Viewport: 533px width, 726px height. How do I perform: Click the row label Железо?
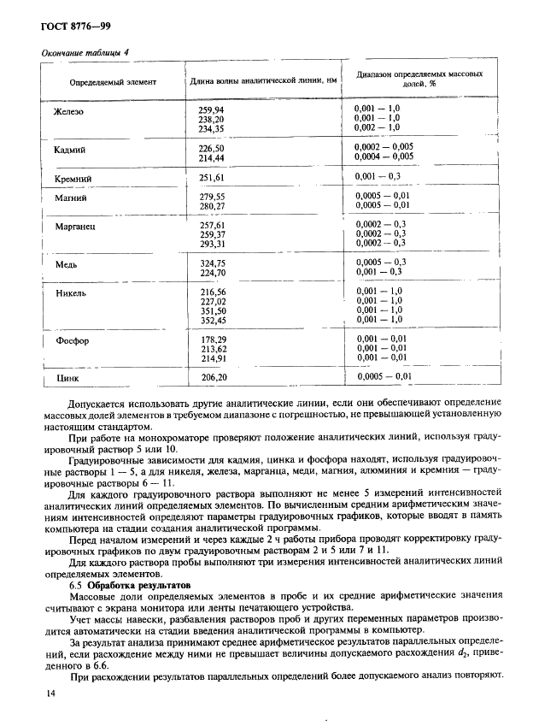coord(68,111)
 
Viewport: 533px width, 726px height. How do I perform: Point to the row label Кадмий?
coord(69,150)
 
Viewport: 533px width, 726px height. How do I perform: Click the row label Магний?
coord(69,198)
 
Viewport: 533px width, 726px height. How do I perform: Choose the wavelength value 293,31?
coord(212,243)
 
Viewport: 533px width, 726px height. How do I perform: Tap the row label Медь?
coord(66,264)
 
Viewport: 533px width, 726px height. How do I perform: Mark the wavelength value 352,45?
coord(212,320)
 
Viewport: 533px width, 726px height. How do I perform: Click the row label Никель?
coord(70,292)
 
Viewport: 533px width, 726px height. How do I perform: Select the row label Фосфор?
coord(72,340)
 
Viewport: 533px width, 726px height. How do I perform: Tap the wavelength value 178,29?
coord(212,339)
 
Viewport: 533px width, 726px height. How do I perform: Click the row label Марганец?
coord(74,227)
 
